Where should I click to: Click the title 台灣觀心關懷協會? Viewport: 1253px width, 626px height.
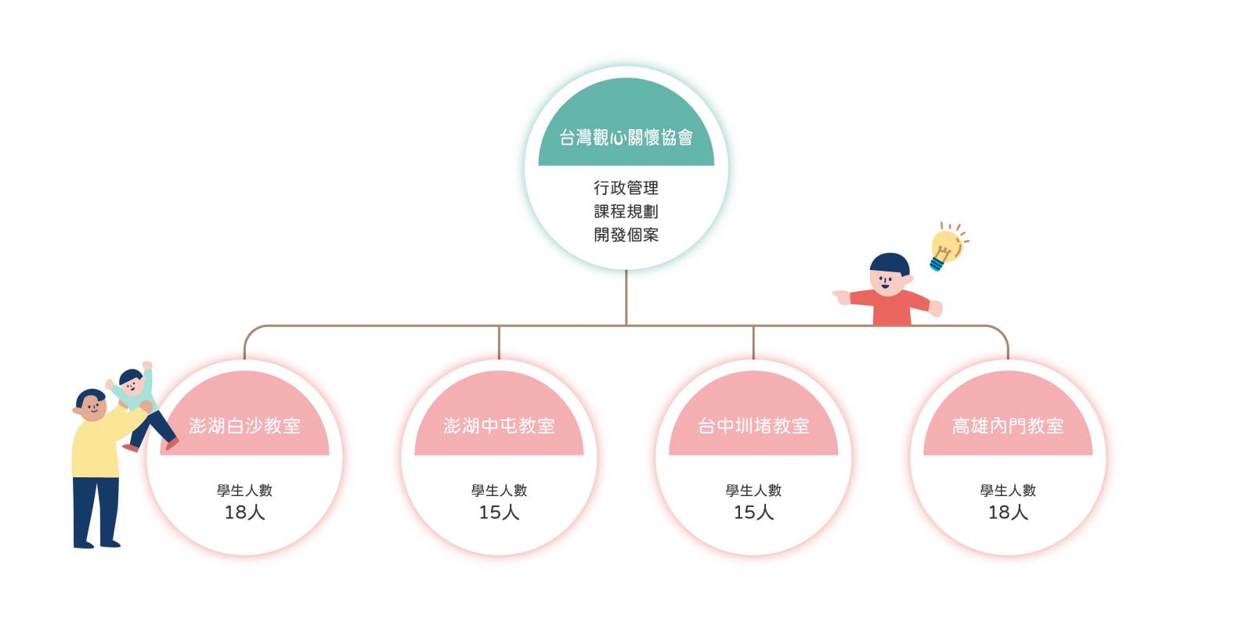coord(626,137)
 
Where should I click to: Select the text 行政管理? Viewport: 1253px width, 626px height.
coord(626,188)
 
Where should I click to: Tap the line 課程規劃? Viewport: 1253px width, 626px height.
coord(626,211)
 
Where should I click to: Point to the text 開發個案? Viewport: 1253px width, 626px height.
coord(626,235)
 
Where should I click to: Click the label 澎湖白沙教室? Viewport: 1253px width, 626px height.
coord(244,426)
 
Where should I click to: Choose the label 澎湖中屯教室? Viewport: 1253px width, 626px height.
coord(499,426)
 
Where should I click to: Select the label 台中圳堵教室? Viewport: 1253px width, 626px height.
coord(753,426)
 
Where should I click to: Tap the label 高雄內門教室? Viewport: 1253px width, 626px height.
coord(1008,426)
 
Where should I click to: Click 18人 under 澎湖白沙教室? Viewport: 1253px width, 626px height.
coord(244,512)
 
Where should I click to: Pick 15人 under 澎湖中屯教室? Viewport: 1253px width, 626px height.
coord(499,512)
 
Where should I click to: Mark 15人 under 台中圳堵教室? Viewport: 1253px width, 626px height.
coord(753,512)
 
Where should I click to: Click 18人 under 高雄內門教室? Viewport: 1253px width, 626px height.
coord(1008,512)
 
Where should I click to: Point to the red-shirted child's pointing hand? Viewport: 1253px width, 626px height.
coord(841,297)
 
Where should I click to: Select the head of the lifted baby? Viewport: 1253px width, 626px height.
coord(132,382)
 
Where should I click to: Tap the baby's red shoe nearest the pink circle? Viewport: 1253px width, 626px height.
coord(172,443)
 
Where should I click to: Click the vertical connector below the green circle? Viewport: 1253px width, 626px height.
coord(626,297)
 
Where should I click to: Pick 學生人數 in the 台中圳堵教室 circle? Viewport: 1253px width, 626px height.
coord(753,490)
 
